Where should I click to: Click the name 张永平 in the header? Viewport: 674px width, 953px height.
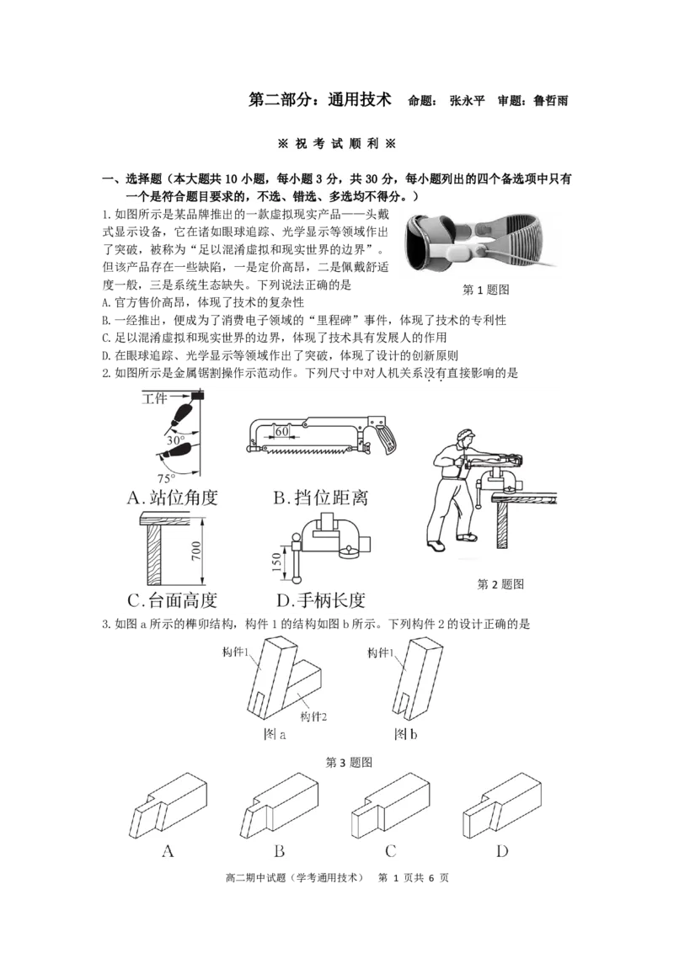(x=467, y=101)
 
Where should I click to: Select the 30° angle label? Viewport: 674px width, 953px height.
(x=175, y=440)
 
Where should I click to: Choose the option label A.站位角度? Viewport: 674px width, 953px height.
(x=173, y=498)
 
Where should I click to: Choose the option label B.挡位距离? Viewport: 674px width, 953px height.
(x=320, y=498)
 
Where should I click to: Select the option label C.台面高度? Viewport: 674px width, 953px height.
(x=173, y=600)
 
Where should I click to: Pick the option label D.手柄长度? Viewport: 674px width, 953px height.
(x=320, y=600)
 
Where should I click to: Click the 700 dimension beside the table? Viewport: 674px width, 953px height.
(x=195, y=551)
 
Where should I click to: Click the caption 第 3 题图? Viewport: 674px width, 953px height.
(x=349, y=762)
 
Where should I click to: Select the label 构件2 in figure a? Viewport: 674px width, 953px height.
(x=313, y=716)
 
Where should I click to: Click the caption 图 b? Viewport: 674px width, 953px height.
(x=406, y=734)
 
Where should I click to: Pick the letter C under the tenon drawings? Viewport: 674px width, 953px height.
(x=390, y=851)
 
